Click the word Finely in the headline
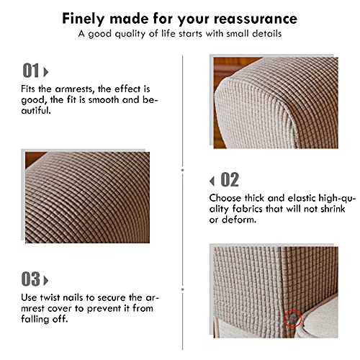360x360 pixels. coord(84,19)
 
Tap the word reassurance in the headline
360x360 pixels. coord(256,19)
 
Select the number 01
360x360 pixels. coord(31,71)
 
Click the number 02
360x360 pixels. coord(230,179)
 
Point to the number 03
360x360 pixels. coord(31,279)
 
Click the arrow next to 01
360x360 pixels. coord(45,72)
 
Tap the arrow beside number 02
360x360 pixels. coord(212,181)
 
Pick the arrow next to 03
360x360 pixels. coord(45,280)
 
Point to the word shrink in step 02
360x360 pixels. coord(333,209)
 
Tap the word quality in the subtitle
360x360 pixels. coord(130,34)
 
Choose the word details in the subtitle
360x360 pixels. coord(266,33)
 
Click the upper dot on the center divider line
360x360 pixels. coord(183,170)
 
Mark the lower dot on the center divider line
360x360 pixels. coord(183,289)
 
